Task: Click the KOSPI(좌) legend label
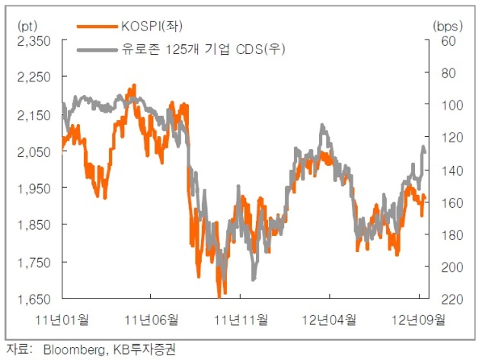tap(152, 26)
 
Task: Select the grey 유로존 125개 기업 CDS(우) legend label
tap(203, 49)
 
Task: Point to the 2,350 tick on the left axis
tap(34, 40)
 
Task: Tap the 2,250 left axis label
tap(34, 77)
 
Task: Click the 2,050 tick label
tap(34, 151)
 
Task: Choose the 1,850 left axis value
tap(34, 225)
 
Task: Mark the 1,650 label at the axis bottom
tap(34, 299)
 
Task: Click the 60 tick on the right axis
tap(449, 41)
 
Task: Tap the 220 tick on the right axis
tap(452, 299)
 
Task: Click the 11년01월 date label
tap(62, 320)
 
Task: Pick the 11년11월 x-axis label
tap(241, 320)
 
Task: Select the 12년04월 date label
tap(329, 320)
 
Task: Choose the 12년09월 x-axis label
tap(418, 320)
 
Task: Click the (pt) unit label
tap(27, 26)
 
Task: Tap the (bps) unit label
tap(448, 27)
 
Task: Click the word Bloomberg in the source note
tap(75, 349)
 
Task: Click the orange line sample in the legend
tap(97, 27)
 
